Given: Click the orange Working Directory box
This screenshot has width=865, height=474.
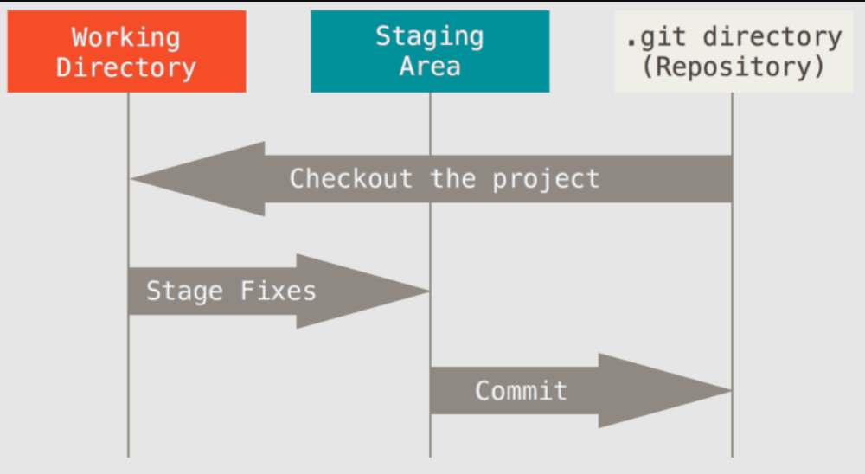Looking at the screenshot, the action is tap(126, 51).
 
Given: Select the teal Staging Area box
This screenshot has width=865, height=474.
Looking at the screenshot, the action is tap(430, 51).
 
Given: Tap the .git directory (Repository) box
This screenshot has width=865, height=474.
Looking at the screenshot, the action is tap(734, 51).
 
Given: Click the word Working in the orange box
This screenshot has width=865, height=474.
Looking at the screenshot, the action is tap(125, 37).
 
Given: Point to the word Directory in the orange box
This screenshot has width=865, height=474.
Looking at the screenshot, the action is tap(125, 67).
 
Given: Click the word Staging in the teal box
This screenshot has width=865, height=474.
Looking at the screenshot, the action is tap(430, 36).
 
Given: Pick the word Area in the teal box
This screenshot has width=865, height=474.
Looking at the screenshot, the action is tap(430, 67).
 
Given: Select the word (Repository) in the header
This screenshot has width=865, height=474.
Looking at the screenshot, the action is tap(734, 67).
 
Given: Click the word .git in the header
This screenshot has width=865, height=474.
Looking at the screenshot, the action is tap(657, 37).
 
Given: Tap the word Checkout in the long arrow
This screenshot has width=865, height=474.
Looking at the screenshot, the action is tap(351, 178).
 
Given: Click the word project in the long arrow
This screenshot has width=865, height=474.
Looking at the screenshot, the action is tap(546, 179).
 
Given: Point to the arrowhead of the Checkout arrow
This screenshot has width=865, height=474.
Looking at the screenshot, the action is tap(131, 179).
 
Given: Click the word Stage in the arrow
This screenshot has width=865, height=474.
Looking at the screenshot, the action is tap(184, 291).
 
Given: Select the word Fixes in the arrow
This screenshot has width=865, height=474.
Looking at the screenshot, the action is tap(278, 291).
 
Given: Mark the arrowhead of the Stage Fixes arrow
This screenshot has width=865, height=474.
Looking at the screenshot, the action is tap(429, 291).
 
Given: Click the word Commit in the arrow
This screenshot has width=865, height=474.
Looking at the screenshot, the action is tap(521, 391).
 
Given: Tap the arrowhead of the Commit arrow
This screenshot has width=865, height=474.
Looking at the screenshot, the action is tap(731, 391).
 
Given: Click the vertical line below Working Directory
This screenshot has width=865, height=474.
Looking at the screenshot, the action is tap(129, 275).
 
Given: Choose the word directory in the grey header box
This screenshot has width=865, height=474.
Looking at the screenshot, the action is tap(772, 37).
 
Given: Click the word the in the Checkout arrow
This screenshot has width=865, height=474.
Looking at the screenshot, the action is tap(452, 178).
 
